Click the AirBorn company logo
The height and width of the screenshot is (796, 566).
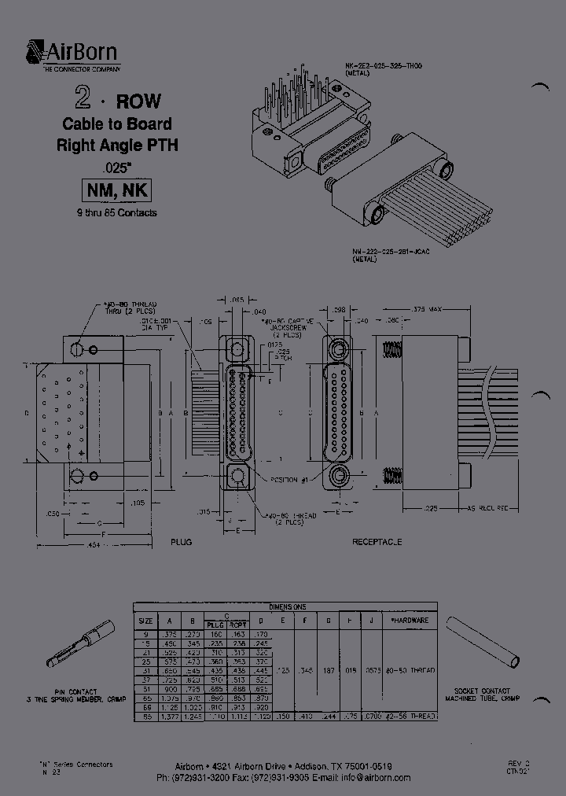[x=72, y=56]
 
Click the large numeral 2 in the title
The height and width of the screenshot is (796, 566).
[x=80, y=98]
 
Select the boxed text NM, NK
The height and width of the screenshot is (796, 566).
[x=116, y=190]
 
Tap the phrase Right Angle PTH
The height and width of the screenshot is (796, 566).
[x=117, y=145]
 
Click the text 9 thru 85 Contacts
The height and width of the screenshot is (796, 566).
[x=116, y=213]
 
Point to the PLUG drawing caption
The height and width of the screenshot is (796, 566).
[x=181, y=542]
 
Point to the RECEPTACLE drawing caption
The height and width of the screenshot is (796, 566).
[x=377, y=542]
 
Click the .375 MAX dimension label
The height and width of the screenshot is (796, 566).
[x=429, y=308]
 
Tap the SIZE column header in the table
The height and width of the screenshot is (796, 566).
[x=145, y=620]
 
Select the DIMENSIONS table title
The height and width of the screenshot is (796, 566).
[x=285, y=606]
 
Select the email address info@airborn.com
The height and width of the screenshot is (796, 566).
[x=375, y=777]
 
